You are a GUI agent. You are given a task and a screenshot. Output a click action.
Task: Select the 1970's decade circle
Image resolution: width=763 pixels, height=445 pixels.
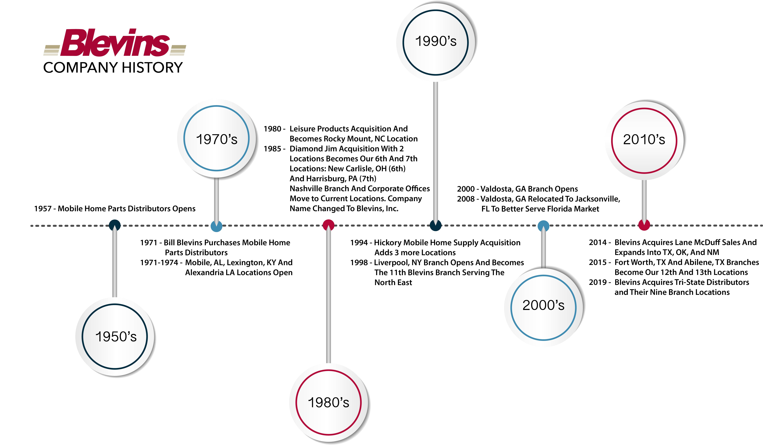[216, 138]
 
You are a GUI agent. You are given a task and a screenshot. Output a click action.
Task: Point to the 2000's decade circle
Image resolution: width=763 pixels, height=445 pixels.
[544, 308]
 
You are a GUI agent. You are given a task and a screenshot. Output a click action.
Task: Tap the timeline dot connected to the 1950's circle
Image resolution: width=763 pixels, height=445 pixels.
[115, 225]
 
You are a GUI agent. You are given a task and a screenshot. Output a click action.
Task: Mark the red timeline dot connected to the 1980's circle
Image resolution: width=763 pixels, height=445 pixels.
[328, 225]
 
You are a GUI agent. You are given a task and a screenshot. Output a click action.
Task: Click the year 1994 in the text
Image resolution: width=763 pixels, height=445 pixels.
[359, 243]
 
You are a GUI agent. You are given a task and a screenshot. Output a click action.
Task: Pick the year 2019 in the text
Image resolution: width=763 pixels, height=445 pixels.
[598, 282]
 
